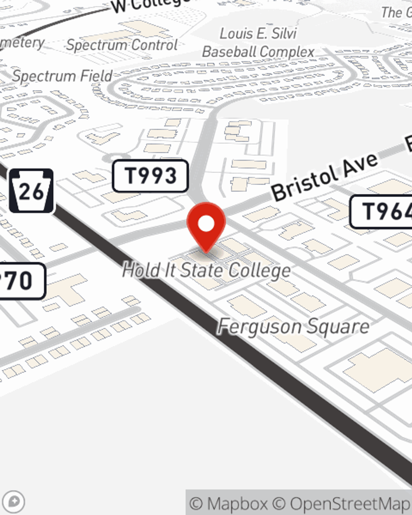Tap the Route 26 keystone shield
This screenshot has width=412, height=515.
tap(31, 191)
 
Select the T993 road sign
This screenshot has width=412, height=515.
tap(150, 176)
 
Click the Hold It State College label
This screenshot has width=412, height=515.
tap(206, 270)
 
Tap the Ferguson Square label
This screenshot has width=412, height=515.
tap(293, 327)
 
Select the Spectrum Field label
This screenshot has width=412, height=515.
tap(62, 76)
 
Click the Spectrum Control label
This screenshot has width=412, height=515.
tap(122, 44)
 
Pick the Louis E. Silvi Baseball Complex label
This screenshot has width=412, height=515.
tap(258, 42)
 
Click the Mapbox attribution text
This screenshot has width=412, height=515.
tap(229, 503)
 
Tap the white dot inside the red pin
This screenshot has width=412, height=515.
tap(206, 224)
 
